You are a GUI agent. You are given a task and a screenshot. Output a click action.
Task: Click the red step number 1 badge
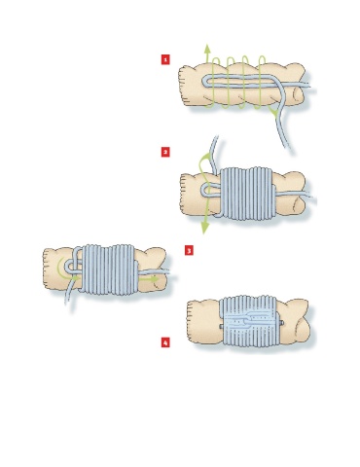165,59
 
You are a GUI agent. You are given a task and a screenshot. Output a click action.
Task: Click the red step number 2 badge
165,152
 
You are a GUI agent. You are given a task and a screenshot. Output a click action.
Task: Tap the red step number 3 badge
189,250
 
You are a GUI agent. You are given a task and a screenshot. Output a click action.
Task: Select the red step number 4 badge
165,342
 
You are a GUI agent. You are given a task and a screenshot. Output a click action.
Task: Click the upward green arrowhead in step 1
207,49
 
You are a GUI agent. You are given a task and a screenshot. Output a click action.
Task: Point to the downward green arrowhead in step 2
204,228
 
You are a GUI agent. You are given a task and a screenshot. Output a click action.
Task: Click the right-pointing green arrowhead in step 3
155,278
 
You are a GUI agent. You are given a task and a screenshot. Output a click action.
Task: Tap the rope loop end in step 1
205,82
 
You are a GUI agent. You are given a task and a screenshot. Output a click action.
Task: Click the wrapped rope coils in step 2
247,194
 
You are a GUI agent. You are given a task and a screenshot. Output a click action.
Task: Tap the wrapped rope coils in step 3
109,269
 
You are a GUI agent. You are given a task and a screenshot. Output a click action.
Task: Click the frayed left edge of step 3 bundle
46,268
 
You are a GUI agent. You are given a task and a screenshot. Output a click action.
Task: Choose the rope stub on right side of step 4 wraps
282,323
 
